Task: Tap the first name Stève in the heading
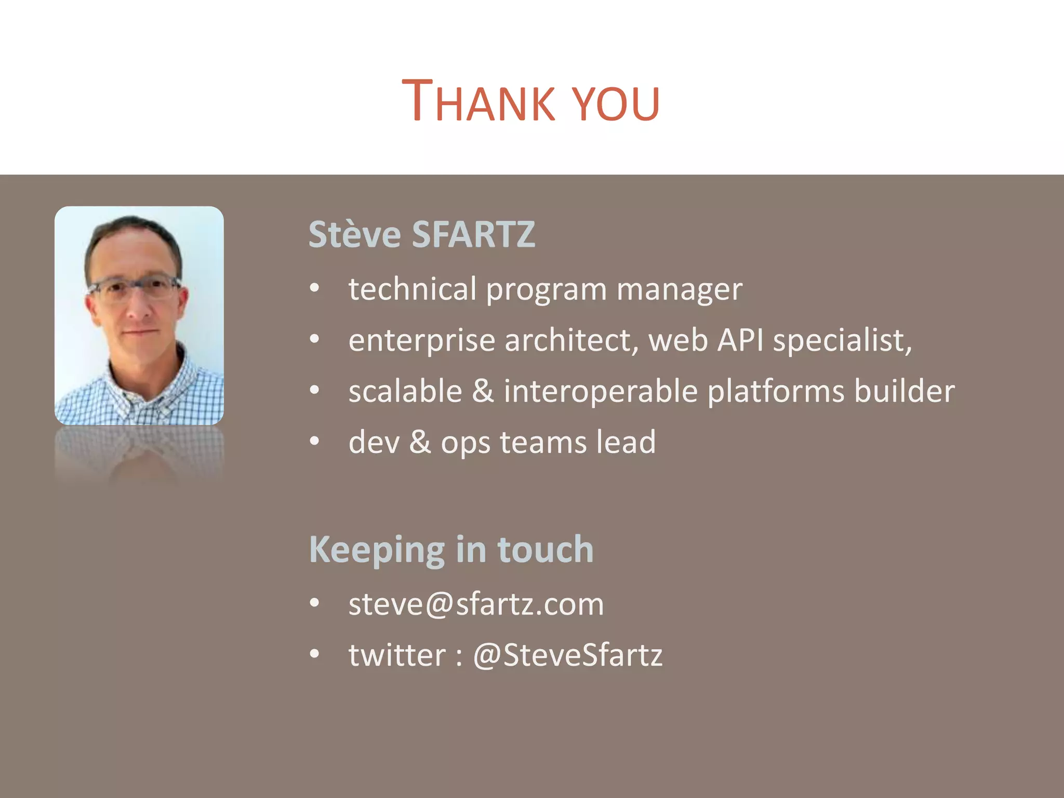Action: [354, 234]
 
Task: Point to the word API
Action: [740, 341]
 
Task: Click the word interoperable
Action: [601, 391]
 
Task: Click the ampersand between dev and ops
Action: [420, 442]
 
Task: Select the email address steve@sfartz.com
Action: [476, 604]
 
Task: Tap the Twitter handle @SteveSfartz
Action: [567, 655]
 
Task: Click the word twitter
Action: [397, 655]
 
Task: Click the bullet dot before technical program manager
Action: [314, 288]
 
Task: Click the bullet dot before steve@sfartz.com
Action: [314, 603]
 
